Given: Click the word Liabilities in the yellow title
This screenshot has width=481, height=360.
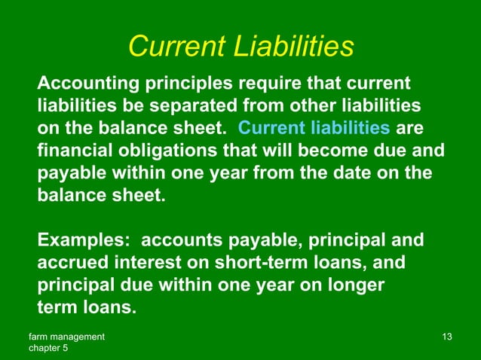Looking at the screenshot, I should [295, 47].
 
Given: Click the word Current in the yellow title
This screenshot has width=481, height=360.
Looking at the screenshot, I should [176, 47].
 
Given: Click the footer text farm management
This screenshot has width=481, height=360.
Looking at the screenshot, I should [66, 335].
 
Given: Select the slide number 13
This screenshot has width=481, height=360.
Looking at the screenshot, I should [446, 335].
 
